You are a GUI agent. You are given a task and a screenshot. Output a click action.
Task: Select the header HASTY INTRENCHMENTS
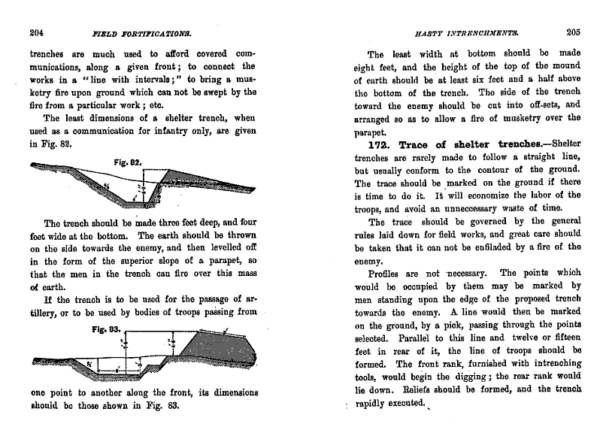click(x=458, y=32)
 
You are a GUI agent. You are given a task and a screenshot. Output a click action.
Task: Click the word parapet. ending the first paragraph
click(x=372, y=130)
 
